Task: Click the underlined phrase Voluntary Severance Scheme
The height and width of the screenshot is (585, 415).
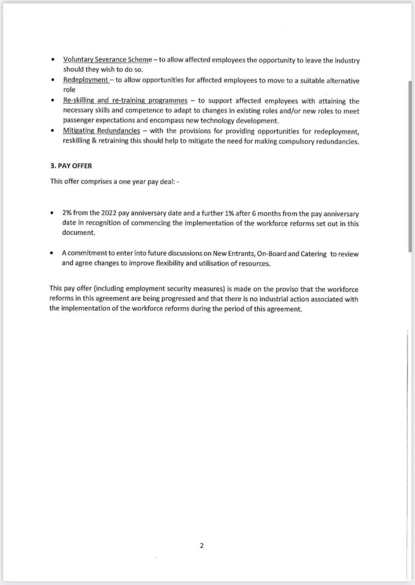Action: tap(107, 60)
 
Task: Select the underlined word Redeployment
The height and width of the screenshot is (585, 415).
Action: tap(85, 80)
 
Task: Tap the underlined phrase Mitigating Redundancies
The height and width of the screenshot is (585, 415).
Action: tap(101, 131)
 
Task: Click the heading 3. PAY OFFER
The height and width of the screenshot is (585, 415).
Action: tap(71, 166)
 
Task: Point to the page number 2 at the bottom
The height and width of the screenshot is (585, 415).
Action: tap(202, 546)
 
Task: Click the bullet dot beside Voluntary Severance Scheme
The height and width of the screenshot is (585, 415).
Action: tap(53, 60)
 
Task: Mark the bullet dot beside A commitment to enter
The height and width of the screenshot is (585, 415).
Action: tap(53, 253)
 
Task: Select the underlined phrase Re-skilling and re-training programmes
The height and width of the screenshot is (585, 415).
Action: tap(125, 101)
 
